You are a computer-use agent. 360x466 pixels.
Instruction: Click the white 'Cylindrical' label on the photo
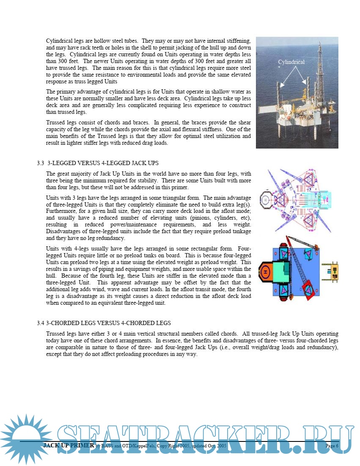(x=291, y=62)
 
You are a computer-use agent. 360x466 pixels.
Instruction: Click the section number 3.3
(x=40, y=163)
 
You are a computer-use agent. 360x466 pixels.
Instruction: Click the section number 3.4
(x=40, y=323)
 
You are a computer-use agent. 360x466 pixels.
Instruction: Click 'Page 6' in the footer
(x=332, y=446)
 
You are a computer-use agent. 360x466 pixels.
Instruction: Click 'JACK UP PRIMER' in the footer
(x=69, y=446)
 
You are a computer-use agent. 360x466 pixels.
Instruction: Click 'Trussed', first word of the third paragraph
(x=56, y=123)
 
